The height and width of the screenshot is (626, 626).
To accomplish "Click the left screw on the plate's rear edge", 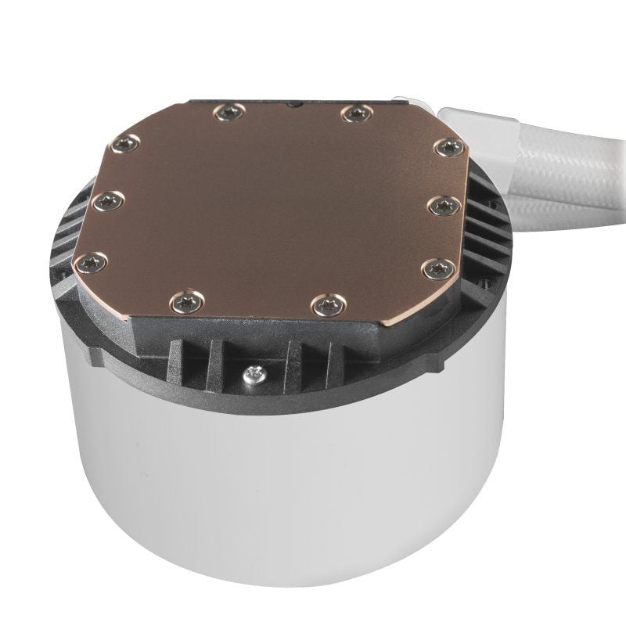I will click(228, 113).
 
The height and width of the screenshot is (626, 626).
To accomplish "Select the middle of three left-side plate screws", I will click(108, 202).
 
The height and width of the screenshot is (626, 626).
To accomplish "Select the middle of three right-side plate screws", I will click(443, 205).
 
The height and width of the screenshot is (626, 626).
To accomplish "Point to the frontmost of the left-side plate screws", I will click(92, 263).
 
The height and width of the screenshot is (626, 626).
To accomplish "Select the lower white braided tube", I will click(571, 207).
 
